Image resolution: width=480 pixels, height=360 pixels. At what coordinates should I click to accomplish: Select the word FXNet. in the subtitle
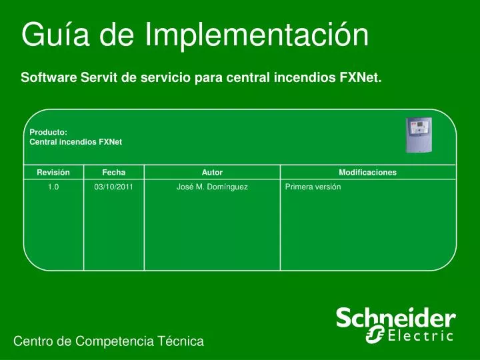coord(361,77)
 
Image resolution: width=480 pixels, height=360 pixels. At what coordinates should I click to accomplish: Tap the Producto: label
coord(49,132)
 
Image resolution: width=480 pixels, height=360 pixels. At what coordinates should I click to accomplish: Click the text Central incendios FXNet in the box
coord(75,142)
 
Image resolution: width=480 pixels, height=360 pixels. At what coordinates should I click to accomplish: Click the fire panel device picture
coord(419,135)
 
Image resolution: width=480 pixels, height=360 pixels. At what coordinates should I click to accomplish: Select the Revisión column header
coord(53,172)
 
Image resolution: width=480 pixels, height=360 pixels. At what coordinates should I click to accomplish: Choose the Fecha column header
coord(113,172)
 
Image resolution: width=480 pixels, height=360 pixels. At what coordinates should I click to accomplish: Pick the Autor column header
coord(212,172)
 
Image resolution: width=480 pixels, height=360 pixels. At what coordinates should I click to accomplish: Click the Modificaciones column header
coord(367,172)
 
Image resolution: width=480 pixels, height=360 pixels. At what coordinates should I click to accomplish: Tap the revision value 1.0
coord(53,187)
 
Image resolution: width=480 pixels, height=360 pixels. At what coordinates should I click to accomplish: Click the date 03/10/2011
coord(113,187)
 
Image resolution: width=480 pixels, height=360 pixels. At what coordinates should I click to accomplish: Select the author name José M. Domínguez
coord(212,187)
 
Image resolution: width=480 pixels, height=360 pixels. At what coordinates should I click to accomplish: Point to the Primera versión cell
coord(313,187)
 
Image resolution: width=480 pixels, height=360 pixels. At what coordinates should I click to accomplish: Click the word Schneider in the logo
coord(395,318)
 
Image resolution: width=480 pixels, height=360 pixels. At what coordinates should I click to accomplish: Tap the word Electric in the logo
coord(421,335)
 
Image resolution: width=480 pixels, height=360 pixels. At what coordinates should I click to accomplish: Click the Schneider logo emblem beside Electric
coord(375,335)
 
